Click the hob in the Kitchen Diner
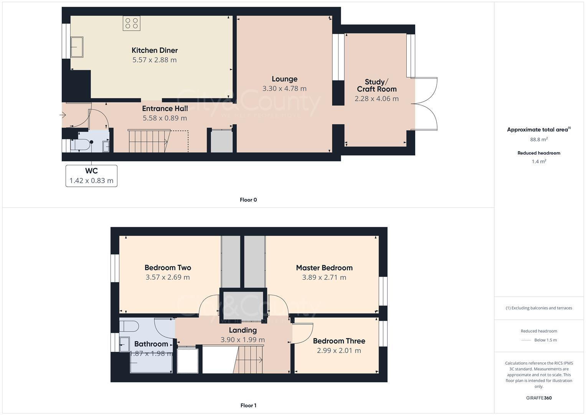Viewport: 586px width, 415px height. pyautogui.click(x=131, y=23)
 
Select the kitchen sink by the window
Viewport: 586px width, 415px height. pyautogui.click(x=77, y=47)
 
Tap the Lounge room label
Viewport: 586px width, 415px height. pyautogui.click(x=284, y=79)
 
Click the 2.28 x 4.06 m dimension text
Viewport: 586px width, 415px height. pyautogui.click(x=376, y=99)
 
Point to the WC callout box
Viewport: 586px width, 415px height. pyautogui.click(x=91, y=176)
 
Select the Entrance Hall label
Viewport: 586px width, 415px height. pyautogui.click(x=165, y=108)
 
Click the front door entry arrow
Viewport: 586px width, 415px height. pyautogui.click(x=63, y=115)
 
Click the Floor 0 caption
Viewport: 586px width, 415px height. pyautogui.click(x=248, y=200)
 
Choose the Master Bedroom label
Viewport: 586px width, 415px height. pyautogui.click(x=324, y=268)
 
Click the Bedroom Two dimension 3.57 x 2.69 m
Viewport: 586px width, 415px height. pyautogui.click(x=167, y=277)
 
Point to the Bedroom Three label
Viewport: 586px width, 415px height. pyautogui.click(x=339, y=341)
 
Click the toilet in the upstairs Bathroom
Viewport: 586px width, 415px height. pyautogui.click(x=129, y=326)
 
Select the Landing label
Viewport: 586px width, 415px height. pyautogui.click(x=243, y=330)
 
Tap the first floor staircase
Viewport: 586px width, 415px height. pyautogui.click(x=249, y=359)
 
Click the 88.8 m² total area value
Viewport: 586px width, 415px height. pyautogui.click(x=539, y=139)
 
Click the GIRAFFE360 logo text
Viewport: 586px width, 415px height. pyautogui.click(x=539, y=398)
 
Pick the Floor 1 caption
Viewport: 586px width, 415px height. pyautogui.click(x=248, y=405)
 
